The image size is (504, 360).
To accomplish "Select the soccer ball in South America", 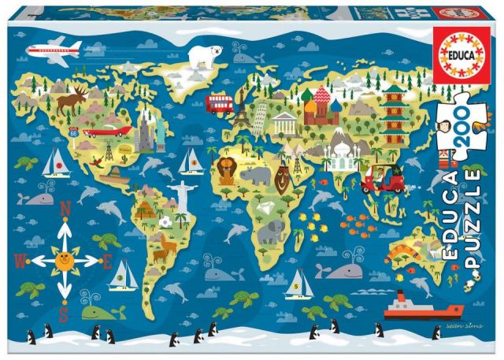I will (166, 222).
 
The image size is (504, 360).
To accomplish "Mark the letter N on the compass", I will (66, 208).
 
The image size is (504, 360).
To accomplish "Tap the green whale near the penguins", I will (95, 311).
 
